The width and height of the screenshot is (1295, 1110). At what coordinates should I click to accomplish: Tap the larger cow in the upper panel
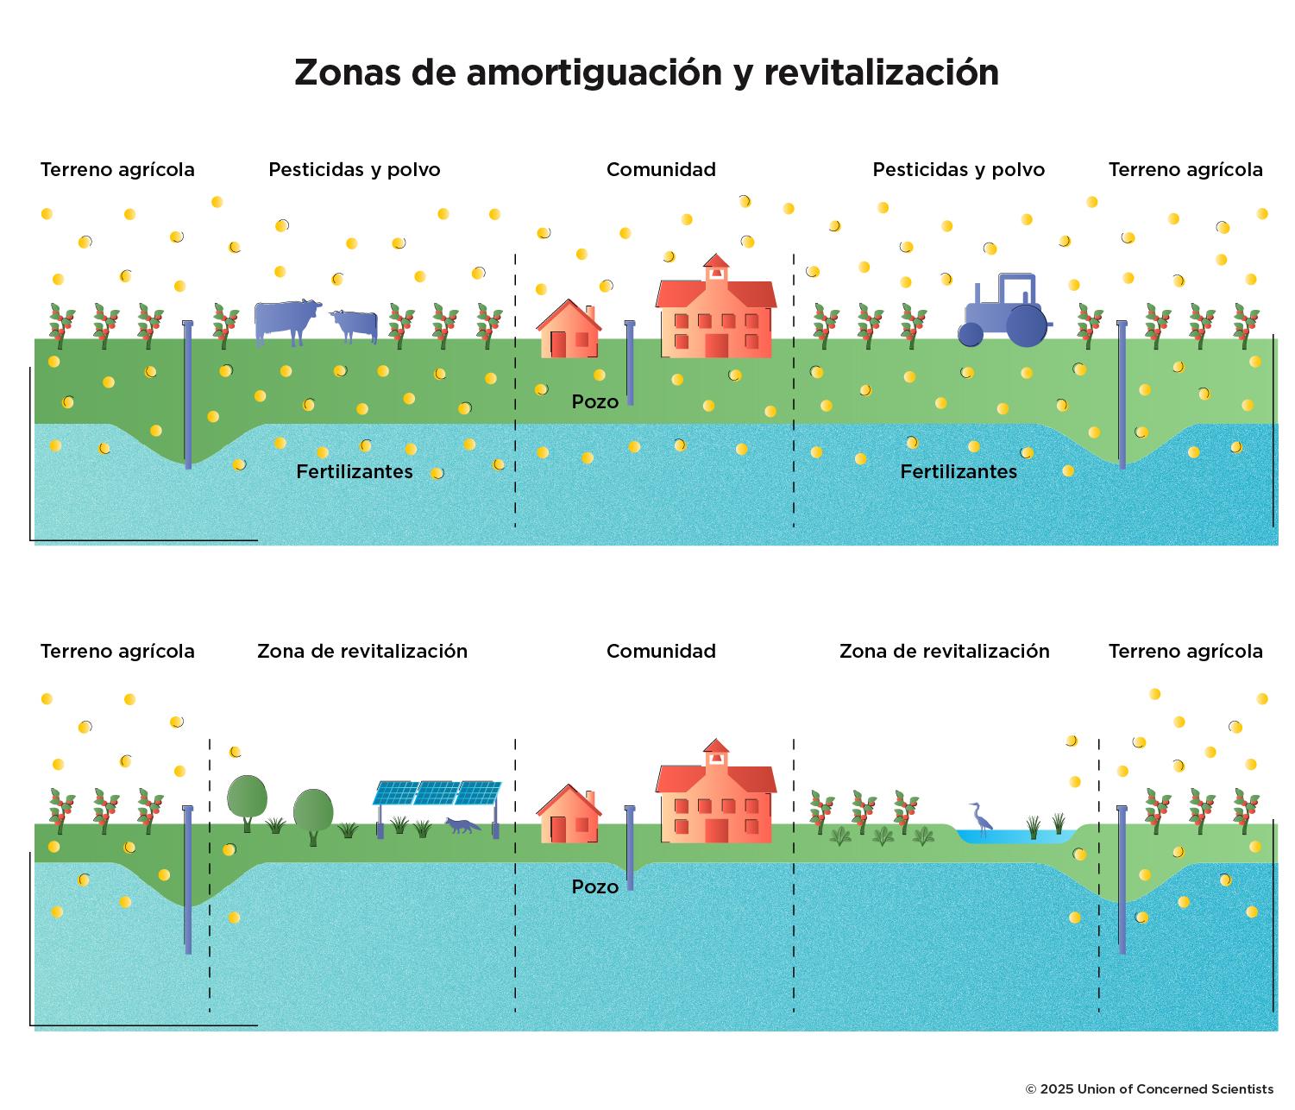286,322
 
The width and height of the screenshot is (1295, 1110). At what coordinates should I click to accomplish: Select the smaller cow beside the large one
355,325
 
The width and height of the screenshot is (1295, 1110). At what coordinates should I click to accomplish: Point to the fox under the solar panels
462,825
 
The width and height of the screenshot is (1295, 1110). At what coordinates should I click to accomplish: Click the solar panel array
437,792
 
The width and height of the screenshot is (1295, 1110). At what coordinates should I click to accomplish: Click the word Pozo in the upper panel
594,402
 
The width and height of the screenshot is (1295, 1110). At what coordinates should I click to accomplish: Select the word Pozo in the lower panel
594,887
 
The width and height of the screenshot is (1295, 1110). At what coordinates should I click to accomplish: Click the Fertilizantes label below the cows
354,472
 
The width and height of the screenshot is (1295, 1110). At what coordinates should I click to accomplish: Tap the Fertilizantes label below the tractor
959,472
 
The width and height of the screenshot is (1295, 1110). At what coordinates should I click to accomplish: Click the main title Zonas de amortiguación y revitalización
646,73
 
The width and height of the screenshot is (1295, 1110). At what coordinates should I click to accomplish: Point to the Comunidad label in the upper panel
661,170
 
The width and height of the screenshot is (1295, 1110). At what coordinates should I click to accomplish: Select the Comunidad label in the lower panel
661,652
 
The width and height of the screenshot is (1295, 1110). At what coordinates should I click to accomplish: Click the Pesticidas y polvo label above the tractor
959,170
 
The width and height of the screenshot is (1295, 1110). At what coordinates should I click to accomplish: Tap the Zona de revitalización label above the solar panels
362,652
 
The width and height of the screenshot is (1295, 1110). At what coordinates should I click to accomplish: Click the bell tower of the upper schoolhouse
716,268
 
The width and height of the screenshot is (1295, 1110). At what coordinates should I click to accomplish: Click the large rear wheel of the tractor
1026,325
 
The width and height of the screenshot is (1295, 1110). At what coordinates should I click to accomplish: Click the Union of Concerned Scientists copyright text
1148,1089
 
